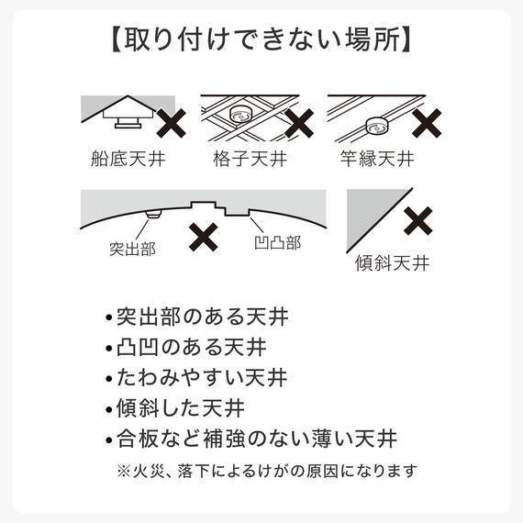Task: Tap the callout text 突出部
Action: click(x=132, y=248)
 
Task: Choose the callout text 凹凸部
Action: click(x=277, y=244)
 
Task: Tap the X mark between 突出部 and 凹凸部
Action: click(x=204, y=236)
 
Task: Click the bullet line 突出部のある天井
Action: click(x=196, y=318)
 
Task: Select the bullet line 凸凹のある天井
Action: click(x=196, y=348)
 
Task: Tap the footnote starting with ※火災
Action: click(x=266, y=471)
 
